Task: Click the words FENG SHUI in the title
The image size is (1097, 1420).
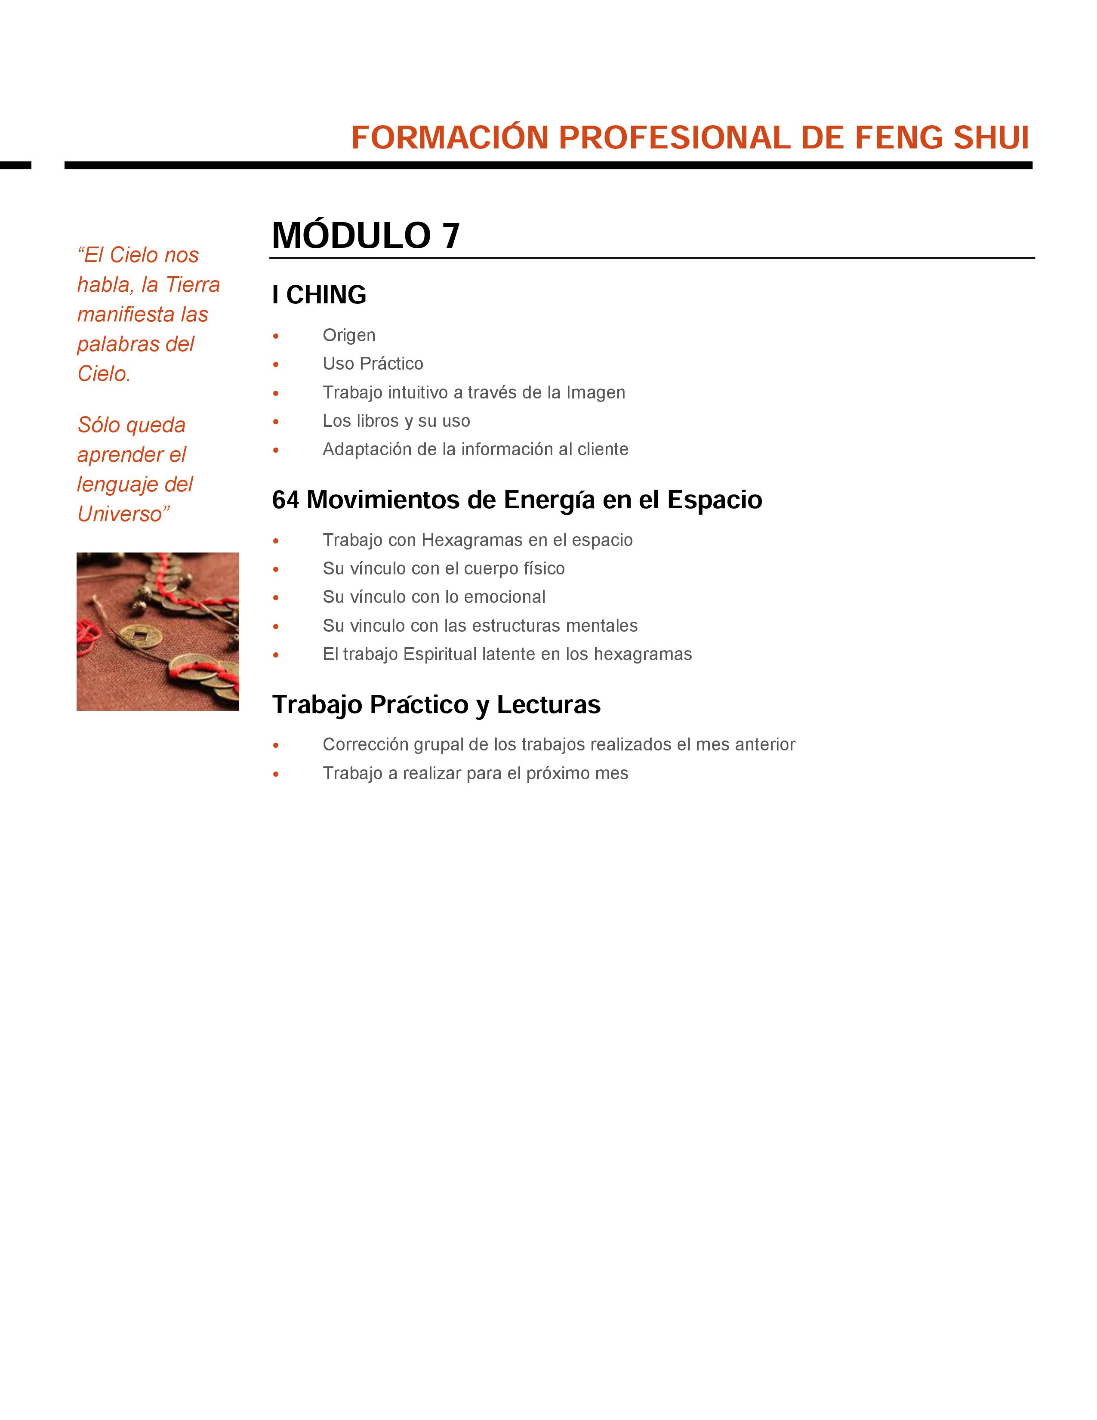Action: click(x=942, y=138)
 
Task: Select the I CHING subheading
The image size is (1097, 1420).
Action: click(x=319, y=295)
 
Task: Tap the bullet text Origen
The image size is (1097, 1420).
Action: click(x=349, y=336)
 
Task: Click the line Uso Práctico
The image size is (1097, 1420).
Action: click(x=373, y=364)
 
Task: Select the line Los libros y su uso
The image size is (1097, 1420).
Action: click(x=396, y=421)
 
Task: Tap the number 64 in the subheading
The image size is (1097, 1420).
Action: click(x=286, y=500)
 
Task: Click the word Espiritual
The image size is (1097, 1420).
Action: click(x=440, y=654)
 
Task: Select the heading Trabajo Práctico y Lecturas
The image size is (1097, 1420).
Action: click(x=436, y=705)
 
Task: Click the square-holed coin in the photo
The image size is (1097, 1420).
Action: click(x=142, y=635)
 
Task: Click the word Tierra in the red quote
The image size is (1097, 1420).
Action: click(x=193, y=285)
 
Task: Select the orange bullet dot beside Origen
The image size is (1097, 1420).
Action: click(x=276, y=336)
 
